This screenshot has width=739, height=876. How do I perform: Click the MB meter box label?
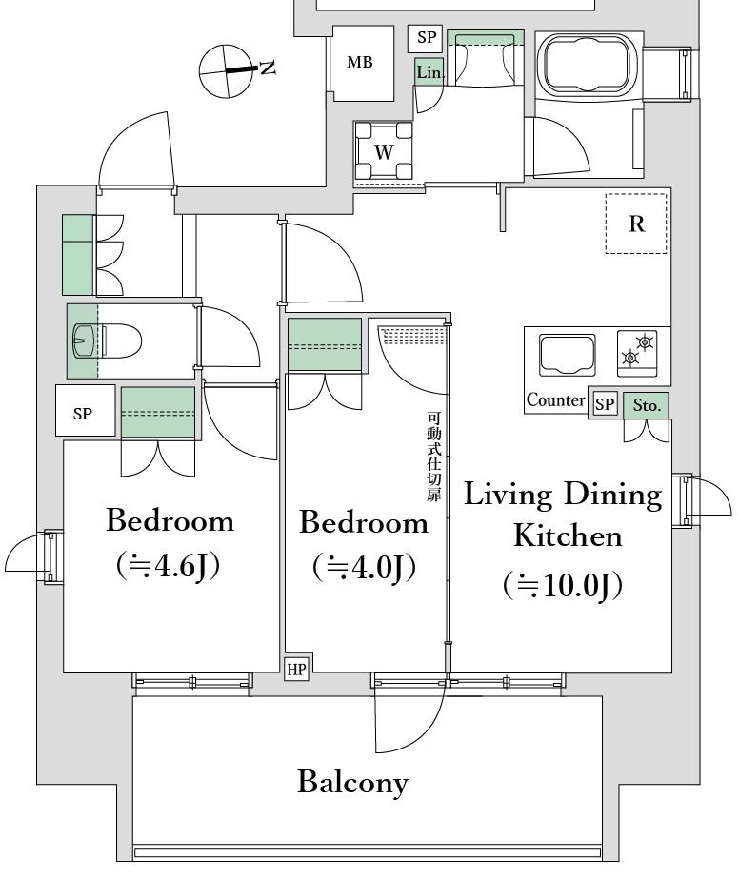360,62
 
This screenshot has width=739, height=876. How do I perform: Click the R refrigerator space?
636,224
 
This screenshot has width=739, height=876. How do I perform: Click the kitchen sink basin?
567,356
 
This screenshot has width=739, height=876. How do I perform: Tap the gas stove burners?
637,353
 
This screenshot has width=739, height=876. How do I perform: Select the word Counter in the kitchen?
555,400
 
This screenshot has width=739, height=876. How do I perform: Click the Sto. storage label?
647,405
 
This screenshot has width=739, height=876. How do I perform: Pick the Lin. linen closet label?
429,72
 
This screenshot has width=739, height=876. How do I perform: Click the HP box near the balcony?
296,669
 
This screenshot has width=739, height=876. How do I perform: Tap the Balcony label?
352,782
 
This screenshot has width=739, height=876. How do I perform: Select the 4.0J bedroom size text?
364,568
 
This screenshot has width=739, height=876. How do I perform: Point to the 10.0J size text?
563,586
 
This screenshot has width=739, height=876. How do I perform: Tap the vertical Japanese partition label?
434,457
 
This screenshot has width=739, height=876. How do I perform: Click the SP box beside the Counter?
604,404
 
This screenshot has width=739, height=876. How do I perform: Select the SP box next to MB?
427,37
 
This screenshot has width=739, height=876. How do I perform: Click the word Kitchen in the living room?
568,535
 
